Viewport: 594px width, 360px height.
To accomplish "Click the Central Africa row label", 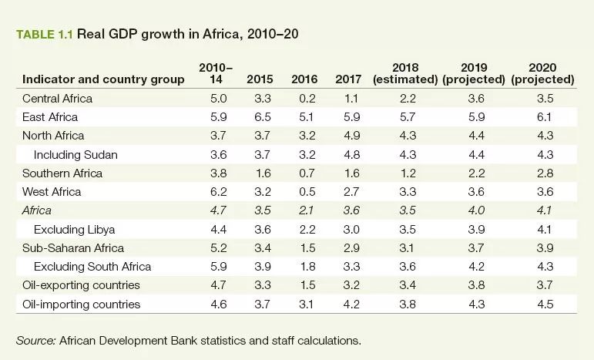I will (x=58, y=98).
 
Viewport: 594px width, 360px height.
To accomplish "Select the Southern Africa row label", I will (x=62, y=173).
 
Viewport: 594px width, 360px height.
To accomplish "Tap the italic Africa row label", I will (x=38, y=210).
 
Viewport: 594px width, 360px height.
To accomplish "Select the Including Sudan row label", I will (x=76, y=154).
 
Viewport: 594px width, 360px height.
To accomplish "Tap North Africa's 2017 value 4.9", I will (x=348, y=136).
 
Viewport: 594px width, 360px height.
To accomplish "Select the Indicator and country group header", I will (x=103, y=79).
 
